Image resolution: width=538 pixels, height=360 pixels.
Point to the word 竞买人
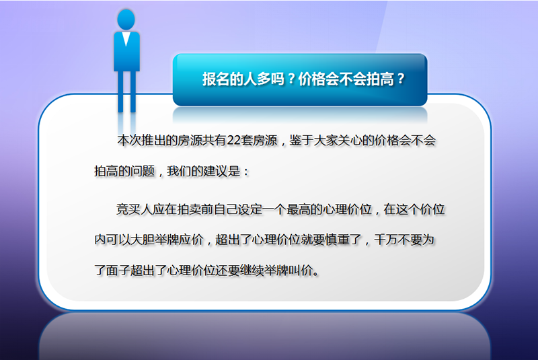(134, 209)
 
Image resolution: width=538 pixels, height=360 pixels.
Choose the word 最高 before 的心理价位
(298, 209)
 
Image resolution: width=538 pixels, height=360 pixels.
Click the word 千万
(386, 240)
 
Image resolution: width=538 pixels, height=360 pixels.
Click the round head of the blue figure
(126, 20)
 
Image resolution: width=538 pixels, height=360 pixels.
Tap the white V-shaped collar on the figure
(126, 38)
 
